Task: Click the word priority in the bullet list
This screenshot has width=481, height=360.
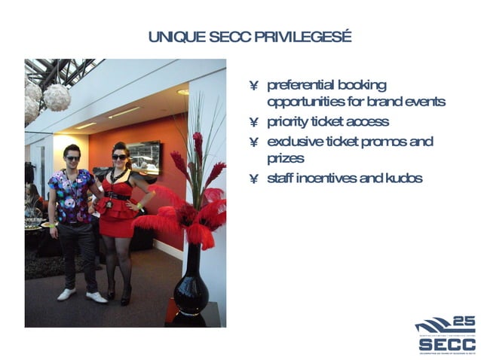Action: click(x=288, y=122)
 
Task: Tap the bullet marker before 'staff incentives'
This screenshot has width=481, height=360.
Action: click(x=254, y=179)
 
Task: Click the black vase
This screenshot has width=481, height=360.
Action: click(x=190, y=282)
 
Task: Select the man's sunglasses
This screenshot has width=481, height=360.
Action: click(x=72, y=158)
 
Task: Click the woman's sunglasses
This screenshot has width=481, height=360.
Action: click(x=119, y=157)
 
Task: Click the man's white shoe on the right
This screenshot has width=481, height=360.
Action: click(x=97, y=297)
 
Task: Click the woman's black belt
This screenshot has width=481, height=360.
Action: click(x=118, y=196)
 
